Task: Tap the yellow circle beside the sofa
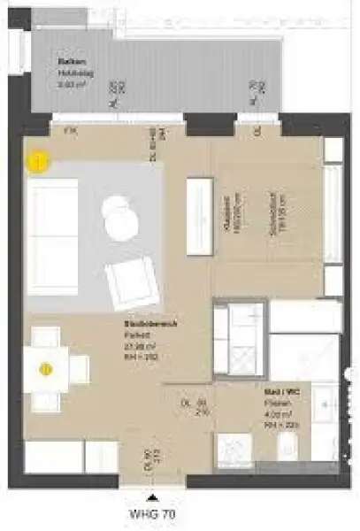coord(38,163)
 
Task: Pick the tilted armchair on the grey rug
coord(131,281)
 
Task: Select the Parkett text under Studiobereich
coord(135,335)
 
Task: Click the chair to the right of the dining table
coord(79,368)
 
